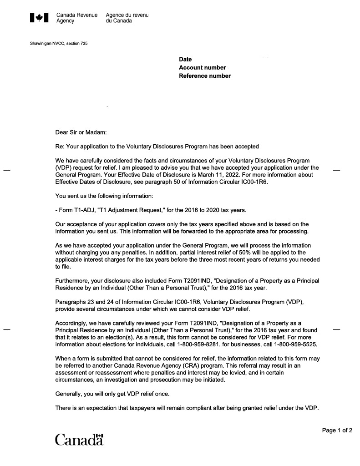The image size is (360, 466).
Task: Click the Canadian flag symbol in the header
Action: (39, 18)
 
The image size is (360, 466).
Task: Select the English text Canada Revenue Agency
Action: (76, 18)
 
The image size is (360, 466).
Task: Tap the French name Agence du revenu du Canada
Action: (127, 18)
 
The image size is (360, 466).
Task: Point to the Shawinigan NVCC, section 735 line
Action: (59, 44)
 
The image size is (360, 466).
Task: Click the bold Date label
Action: (185, 60)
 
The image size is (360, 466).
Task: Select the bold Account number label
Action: (202, 68)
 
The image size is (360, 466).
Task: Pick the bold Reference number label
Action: (205, 76)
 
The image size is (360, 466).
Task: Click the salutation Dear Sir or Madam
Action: (81, 132)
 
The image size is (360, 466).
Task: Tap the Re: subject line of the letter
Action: (157, 147)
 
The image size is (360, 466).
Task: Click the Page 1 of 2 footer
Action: (337, 430)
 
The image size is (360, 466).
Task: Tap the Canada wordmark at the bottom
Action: (79, 440)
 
